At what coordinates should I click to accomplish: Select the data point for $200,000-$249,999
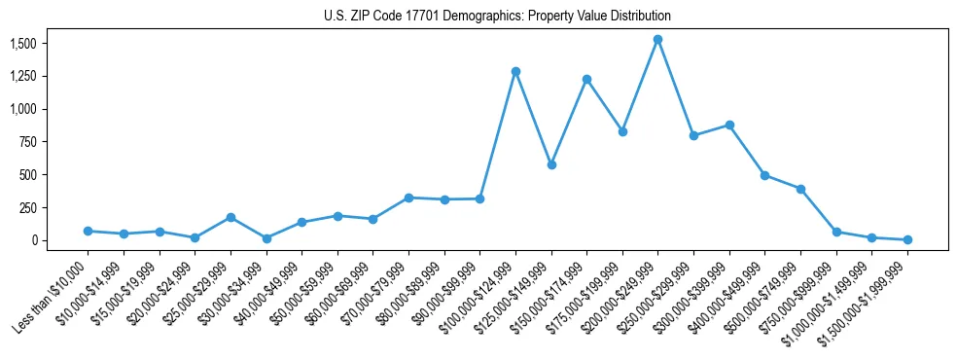pos(657,40)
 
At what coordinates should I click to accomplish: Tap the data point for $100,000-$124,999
pos(515,71)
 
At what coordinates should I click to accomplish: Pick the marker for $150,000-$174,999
pos(586,79)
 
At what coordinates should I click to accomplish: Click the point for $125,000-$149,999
pos(551,164)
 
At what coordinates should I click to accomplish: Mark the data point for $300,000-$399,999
pos(729,125)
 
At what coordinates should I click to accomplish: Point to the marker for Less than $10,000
pos(88,231)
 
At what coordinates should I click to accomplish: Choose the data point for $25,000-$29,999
pos(230,217)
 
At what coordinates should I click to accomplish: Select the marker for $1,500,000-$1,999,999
pos(907,239)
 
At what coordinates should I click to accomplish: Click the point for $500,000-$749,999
pos(800,189)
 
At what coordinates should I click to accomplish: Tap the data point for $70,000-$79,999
pos(408,198)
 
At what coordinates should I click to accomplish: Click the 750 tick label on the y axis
pos(27,142)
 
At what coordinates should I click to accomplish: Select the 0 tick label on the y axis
pos(33,240)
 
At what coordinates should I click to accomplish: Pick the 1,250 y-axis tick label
pos(22,76)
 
